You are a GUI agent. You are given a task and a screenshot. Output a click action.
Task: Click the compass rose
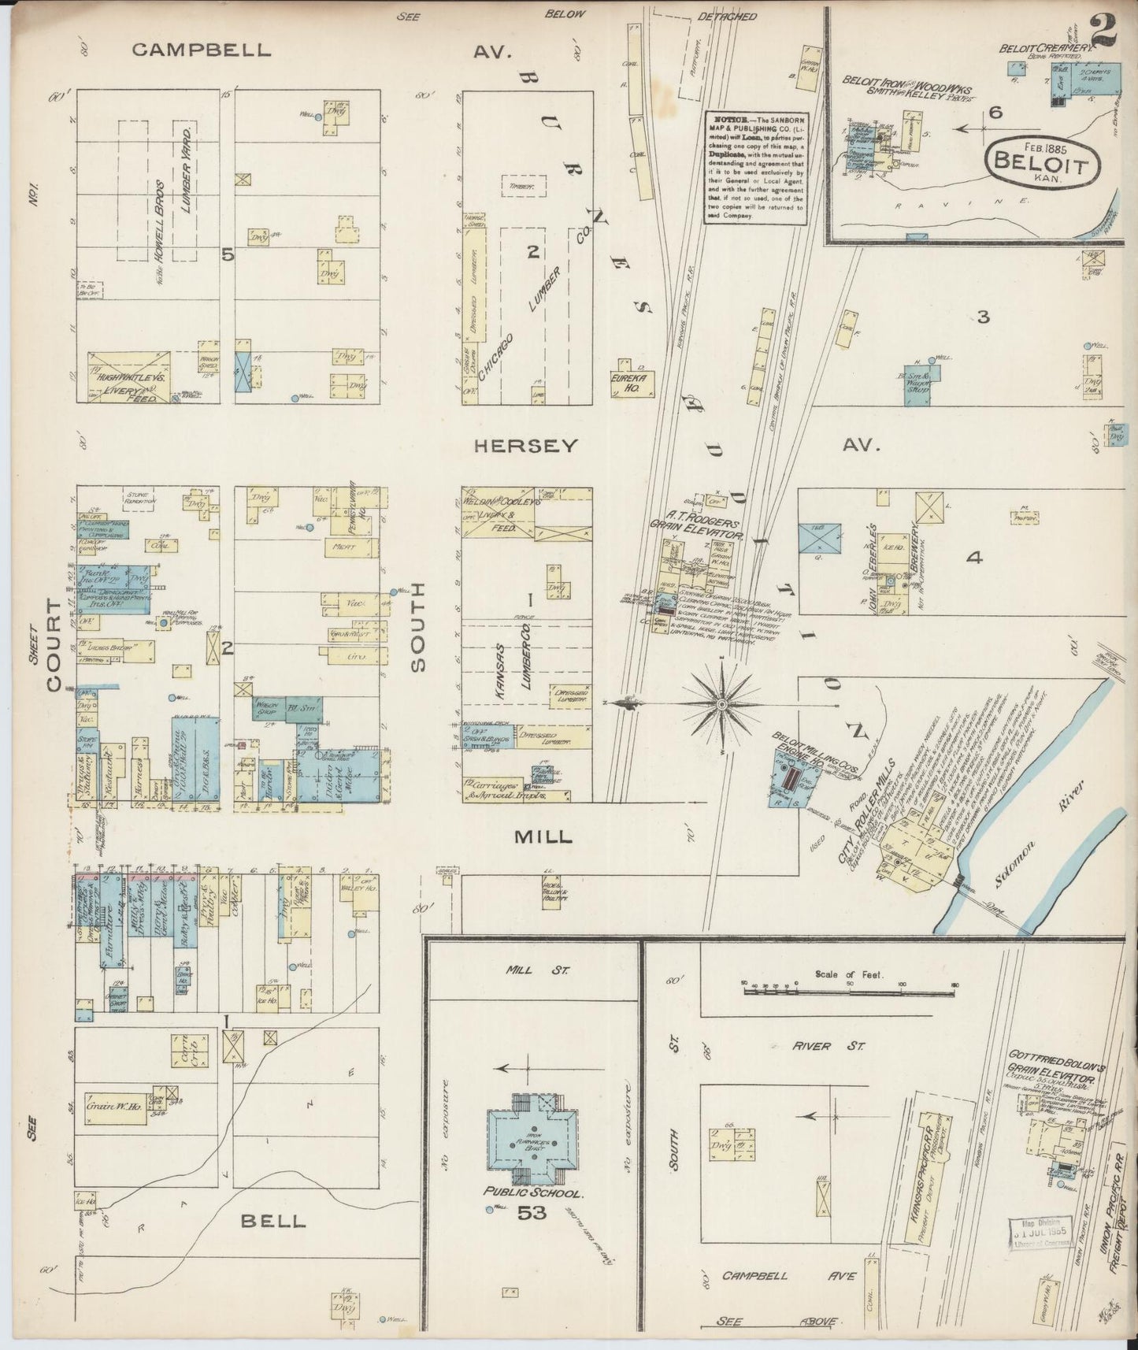coord(721,702)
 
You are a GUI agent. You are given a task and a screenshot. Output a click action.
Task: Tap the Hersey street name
coord(526,446)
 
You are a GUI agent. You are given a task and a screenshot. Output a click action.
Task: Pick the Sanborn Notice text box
coord(755,167)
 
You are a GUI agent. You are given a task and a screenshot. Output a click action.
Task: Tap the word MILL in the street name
coord(543,837)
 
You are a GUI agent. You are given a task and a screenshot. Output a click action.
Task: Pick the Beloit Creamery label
coord(1047,49)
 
